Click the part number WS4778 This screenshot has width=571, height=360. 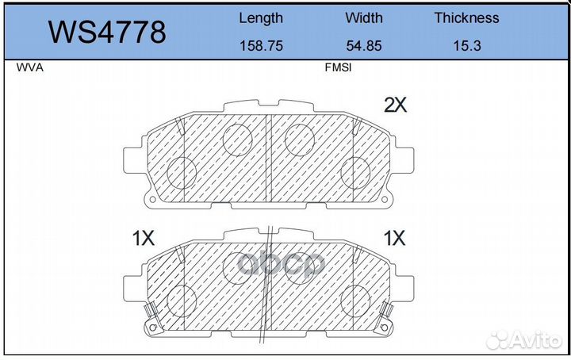coord(107,32)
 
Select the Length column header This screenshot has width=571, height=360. coord(261,18)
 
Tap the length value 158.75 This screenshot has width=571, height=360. coord(261,46)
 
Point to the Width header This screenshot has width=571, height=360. coord(364,17)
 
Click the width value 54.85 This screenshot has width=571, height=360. coord(364,46)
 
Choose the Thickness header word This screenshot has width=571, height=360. coord(466,17)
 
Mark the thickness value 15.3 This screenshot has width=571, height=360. coord(467,46)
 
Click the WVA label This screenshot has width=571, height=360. coord(30,67)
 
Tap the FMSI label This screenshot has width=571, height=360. coord(338,67)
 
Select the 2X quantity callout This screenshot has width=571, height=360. coord(395,105)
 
